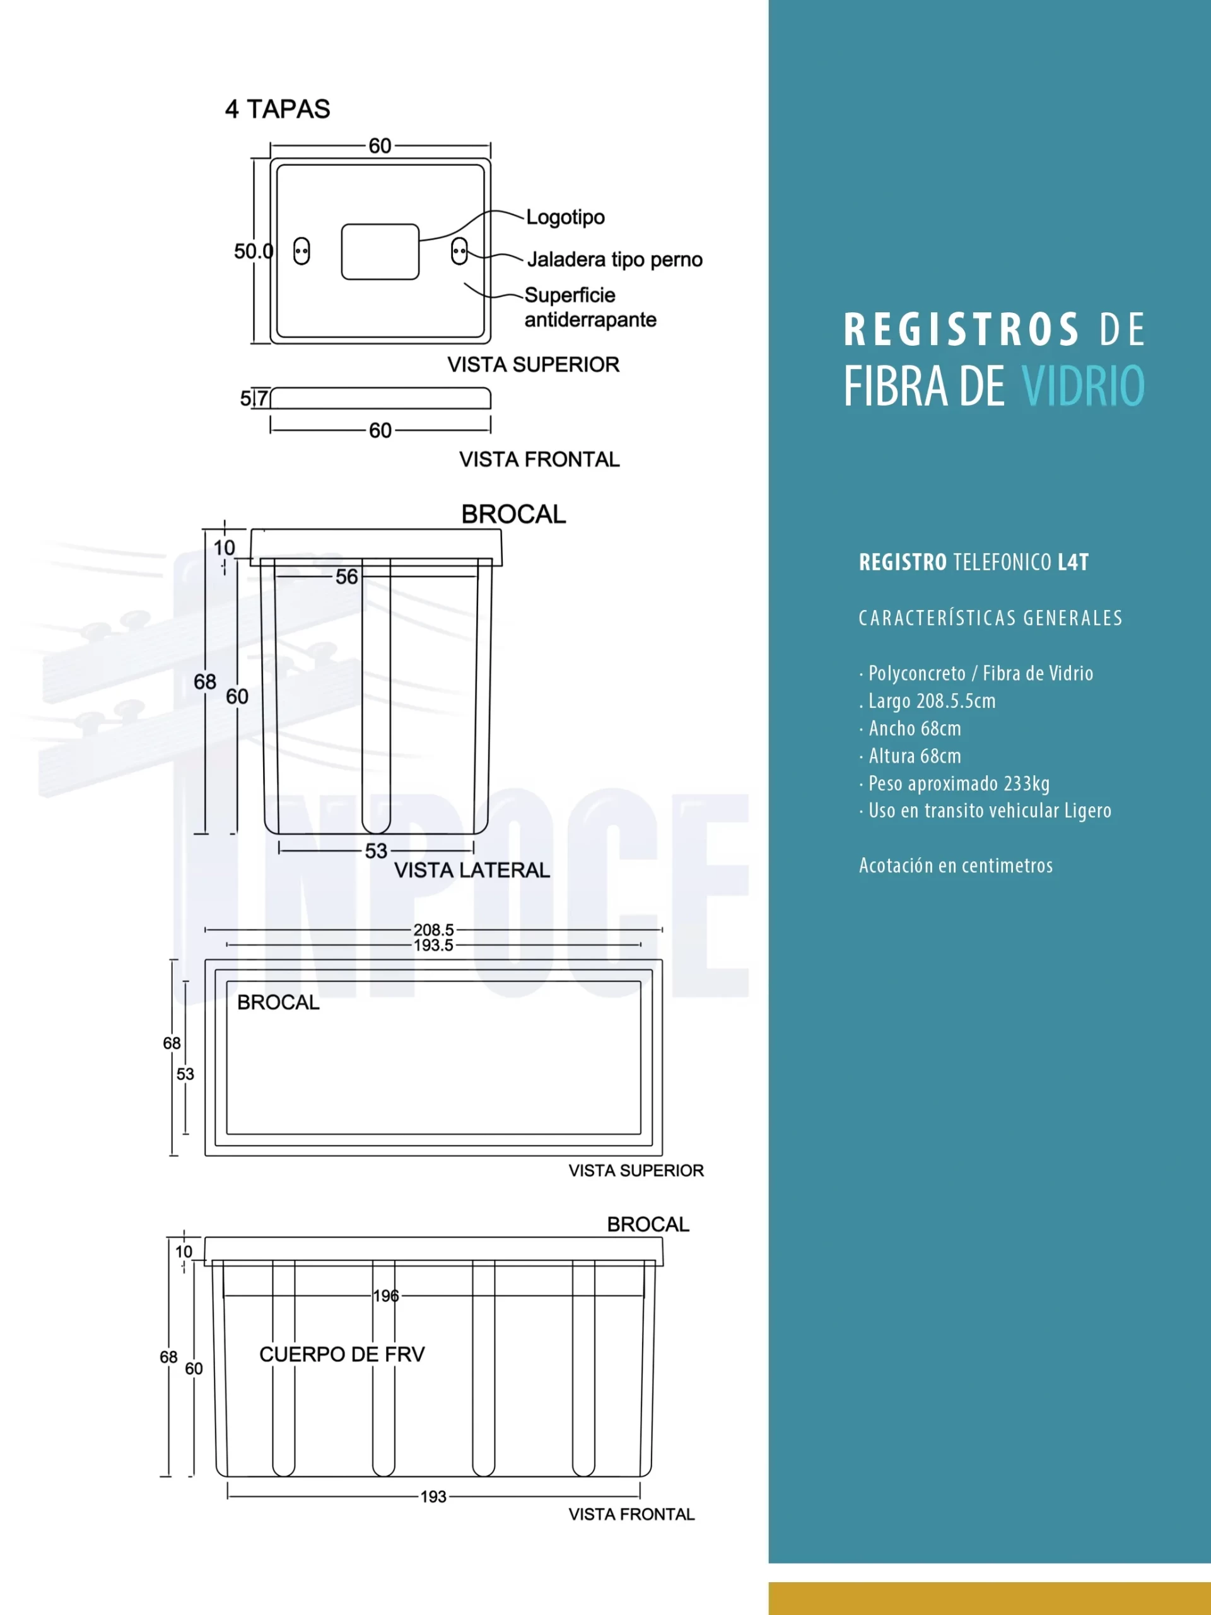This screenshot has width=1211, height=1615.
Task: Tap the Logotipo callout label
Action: (565, 218)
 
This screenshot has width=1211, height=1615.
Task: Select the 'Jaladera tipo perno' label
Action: (614, 260)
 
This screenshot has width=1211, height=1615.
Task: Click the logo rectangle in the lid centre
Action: (380, 252)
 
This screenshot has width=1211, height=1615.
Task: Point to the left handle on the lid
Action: (301, 251)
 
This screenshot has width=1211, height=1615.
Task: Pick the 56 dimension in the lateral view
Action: (347, 577)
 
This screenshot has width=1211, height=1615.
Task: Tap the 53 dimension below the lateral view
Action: (376, 850)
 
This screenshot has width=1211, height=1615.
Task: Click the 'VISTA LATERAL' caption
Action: (472, 871)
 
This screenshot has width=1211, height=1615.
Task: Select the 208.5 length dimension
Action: (433, 929)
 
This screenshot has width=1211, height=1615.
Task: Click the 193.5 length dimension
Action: (433, 946)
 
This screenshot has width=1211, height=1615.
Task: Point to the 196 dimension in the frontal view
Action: (386, 1296)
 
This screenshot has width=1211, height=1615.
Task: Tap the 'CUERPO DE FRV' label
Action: (342, 1354)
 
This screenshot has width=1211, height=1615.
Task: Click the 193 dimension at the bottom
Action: (433, 1497)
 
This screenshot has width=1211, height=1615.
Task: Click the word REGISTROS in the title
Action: (961, 329)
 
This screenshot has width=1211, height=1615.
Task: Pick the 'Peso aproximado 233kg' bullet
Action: (959, 784)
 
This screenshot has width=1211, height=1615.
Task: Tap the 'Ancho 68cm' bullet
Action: (914, 729)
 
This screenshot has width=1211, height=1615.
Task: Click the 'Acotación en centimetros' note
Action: (956, 866)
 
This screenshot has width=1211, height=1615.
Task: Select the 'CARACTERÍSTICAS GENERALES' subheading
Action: (990, 618)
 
